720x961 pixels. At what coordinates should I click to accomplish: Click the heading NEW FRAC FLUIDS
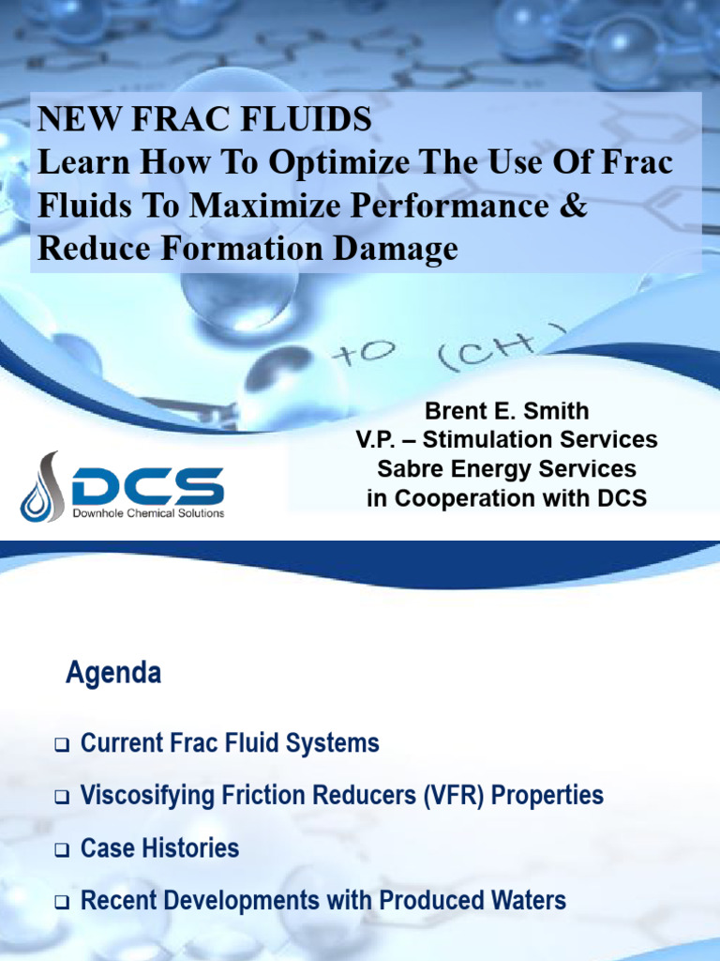[204, 119]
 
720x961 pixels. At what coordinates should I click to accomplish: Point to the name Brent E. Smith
[506, 411]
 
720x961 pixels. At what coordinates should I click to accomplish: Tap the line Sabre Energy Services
[506, 468]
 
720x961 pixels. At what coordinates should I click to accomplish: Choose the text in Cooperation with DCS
[506, 497]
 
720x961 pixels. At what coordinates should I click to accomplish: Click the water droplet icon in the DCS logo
[41, 486]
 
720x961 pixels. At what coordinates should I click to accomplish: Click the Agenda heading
[113, 673]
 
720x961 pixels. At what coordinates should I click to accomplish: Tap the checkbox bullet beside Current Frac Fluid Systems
[62, 746]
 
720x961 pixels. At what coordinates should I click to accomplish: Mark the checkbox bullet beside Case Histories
[62, 851]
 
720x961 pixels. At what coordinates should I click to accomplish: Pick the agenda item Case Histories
[159, 848]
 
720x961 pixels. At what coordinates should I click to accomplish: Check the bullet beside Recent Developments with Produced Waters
[62, 904]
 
